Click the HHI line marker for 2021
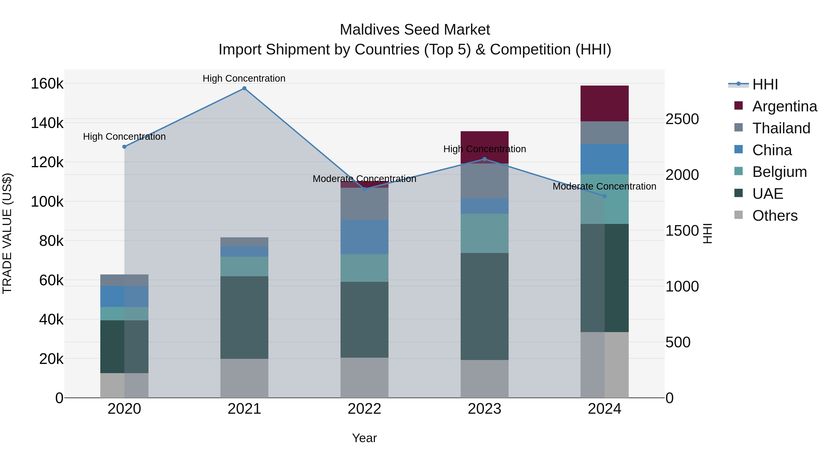coord(244,88)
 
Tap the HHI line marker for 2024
coord(605,196)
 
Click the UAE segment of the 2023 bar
coord(484,306)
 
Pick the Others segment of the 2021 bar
coord(244,378)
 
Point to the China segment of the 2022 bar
coord(365,237)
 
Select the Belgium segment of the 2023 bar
coord(484,233)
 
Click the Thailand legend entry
coord(781,128)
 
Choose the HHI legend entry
coord(765,84)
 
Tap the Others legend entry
coord(775,216)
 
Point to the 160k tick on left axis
coord(47,84)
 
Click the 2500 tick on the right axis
coord(682,119)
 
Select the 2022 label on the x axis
coord(365,409)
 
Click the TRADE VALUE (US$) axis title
coord(7,233)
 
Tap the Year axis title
coord(365,438)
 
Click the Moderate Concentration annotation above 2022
coord(365,179)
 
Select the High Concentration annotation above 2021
coord(244,78)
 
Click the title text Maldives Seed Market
coord(415,30)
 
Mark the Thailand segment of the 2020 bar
coord(124,280)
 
